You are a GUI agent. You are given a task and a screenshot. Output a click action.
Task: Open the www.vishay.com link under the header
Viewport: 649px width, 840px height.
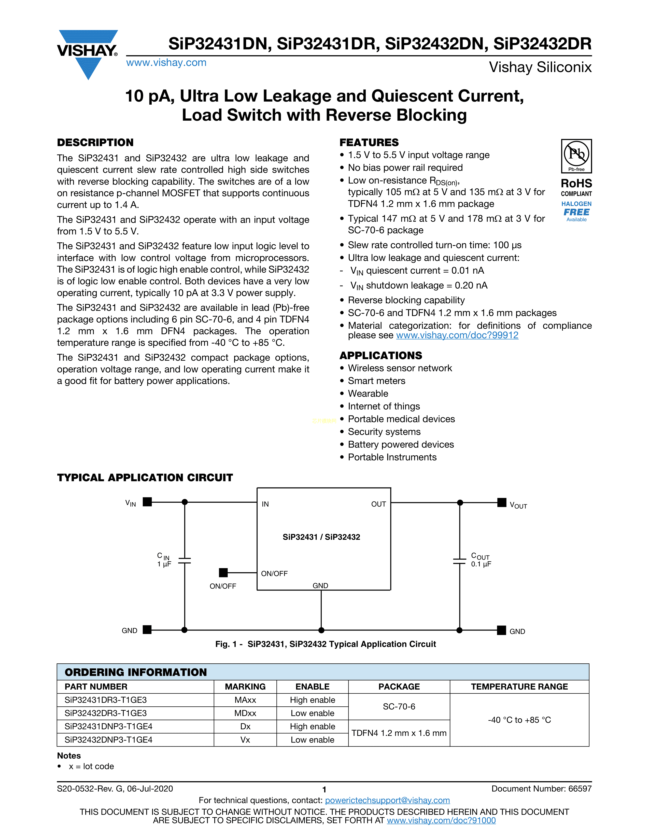166,63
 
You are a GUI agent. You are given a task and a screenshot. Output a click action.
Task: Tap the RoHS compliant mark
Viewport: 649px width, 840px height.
576,187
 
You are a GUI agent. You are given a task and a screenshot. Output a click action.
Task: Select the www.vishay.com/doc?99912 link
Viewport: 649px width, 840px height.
457,335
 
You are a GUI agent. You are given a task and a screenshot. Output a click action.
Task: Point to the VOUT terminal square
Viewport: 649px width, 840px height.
502,502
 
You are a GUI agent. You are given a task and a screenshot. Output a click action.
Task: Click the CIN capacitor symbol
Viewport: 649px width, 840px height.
185,561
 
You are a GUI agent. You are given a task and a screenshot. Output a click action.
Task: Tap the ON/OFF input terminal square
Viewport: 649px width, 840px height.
223,573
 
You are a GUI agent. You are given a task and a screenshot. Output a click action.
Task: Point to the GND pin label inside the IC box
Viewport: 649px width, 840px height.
320,585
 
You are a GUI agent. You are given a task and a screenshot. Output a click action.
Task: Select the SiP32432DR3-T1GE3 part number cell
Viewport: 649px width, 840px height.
106,713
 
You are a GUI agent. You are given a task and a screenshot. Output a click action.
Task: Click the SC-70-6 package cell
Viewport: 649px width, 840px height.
399,707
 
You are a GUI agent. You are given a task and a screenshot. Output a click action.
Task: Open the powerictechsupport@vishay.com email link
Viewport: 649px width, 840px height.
387,800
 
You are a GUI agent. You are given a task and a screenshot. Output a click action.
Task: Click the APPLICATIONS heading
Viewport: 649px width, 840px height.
381,355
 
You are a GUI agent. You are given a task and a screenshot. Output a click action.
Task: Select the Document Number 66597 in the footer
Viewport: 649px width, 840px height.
541,789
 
